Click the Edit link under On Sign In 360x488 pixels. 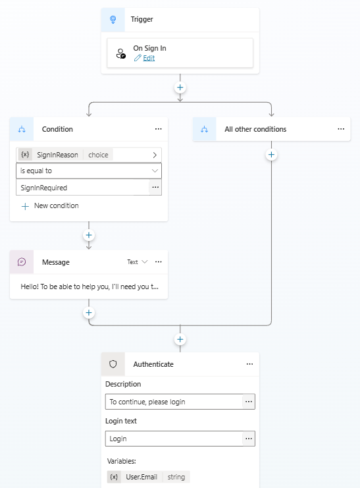(x=149, y=58)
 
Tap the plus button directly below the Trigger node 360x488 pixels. (x=180, y=88)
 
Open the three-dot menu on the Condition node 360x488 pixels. (x=159, y=129)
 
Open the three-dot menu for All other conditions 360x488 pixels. (x=341, y=129)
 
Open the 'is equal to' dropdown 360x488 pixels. (x=89, y=171)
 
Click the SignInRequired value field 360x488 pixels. (x=83, y=188)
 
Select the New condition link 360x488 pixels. (x=50, y=205)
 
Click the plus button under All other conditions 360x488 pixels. (x=271, y=155)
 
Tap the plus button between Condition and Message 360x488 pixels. (x=89, y=235)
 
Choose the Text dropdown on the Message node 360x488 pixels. (x=137, y=262)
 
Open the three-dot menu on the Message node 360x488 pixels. (x=159, y=261)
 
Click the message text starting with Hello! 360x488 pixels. (x=90, y=286)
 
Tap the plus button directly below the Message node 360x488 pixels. (x=89, y=312)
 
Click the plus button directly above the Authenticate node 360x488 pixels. (x=180, y=339)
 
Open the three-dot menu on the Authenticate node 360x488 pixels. (x=249, y=364)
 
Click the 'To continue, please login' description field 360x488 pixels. (x=174, y=402)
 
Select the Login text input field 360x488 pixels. (x=174, y=439)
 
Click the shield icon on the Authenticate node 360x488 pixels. (x=113, y=364)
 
